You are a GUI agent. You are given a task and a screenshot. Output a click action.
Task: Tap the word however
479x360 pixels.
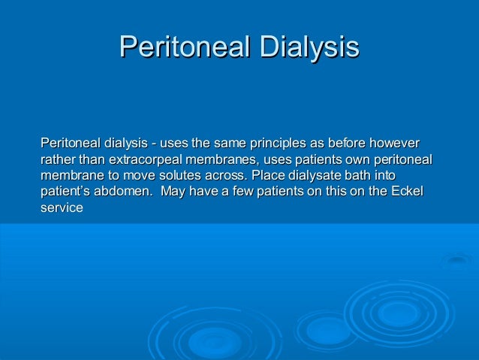(395, 143)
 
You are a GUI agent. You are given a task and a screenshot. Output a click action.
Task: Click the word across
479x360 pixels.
(218, 176)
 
